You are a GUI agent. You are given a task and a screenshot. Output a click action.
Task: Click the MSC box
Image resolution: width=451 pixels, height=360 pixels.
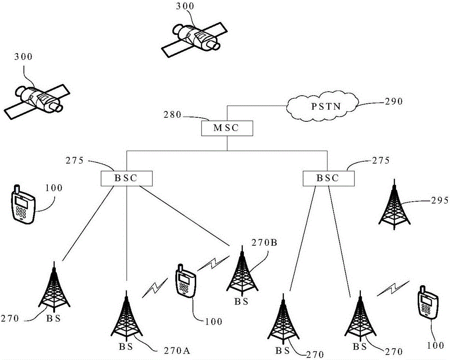[227, 128]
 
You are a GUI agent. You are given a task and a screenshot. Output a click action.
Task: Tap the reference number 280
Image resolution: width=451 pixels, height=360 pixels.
[173, 115]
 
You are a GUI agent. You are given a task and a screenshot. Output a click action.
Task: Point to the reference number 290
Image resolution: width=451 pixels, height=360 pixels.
[394, 102]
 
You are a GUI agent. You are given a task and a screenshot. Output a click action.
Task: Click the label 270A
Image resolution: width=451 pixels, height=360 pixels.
[177, 351]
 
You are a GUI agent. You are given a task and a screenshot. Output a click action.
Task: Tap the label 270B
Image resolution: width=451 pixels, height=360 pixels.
[264, 243]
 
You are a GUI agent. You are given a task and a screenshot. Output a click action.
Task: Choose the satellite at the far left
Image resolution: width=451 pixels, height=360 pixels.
[37, 99]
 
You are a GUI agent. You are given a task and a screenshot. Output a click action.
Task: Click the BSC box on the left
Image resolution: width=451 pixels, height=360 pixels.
[127, 179]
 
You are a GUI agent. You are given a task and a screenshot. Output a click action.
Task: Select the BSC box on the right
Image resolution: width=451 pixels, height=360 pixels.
[329, 179]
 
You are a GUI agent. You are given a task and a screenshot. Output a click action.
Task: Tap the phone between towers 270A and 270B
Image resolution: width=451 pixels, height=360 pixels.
[186, 281]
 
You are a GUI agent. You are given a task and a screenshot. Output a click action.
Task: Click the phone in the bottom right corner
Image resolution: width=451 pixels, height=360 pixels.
[428, 302]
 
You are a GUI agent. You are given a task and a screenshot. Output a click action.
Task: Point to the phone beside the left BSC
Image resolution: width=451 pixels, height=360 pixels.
[23, 204]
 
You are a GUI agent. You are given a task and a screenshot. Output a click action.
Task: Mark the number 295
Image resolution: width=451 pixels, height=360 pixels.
[439, 200]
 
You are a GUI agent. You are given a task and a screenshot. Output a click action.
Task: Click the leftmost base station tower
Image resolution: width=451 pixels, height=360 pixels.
[54, 287]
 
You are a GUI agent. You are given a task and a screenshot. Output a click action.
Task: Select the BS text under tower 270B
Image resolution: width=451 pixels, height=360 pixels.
[241, 302]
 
